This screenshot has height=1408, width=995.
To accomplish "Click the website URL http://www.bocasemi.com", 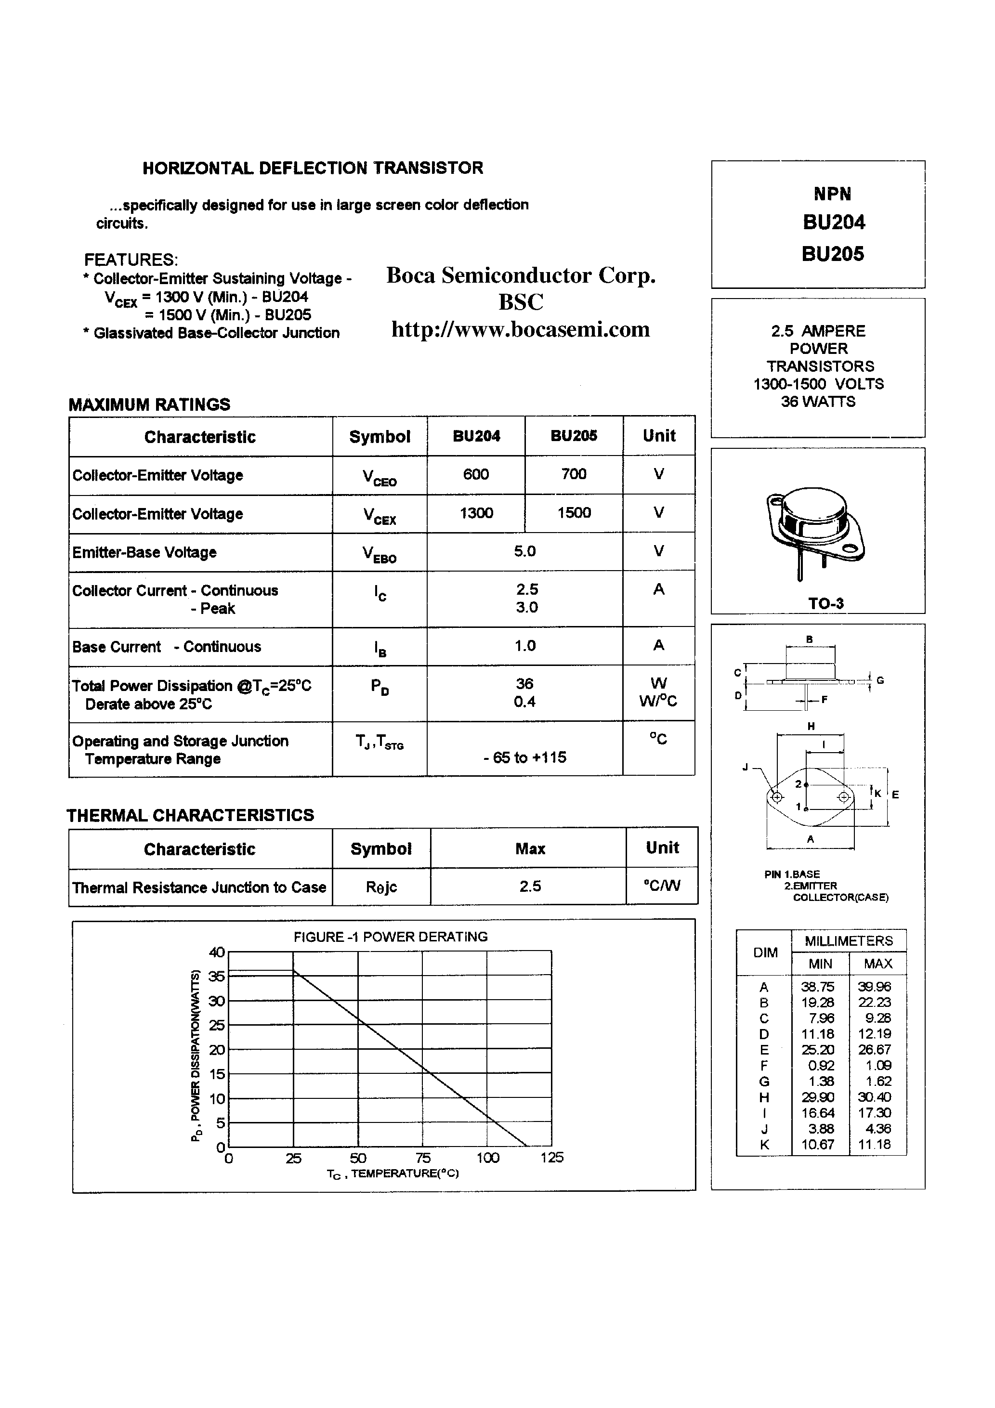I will tap(520, 329).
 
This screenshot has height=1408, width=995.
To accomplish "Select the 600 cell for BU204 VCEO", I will tap(476, 474).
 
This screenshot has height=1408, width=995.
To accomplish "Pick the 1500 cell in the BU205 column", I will tap(574, 513).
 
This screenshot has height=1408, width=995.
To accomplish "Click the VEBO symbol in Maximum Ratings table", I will tap(379, 554).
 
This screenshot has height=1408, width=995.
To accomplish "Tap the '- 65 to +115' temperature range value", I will tap(524, 757).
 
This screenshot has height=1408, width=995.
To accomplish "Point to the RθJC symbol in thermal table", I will tap(381, 887).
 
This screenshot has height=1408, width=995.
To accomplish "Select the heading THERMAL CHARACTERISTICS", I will tap(190, 815).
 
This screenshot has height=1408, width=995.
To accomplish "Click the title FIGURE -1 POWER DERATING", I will tap(390, 937).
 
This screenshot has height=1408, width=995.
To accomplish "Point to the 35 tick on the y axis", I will tap(217, 976).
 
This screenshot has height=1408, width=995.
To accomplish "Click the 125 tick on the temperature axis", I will tap(551, 1157).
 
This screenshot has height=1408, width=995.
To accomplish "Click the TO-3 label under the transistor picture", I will tap(825, 603).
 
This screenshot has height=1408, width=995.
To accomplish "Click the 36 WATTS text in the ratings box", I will tap(818, 402).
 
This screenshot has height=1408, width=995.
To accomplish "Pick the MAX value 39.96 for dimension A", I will tap(874, 987).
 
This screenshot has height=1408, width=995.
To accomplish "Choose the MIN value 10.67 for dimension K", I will tap(818, 1144).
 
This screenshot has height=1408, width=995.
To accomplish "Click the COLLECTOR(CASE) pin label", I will tap(840, 897).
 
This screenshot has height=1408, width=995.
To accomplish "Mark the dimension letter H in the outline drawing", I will tap(811, 727).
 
